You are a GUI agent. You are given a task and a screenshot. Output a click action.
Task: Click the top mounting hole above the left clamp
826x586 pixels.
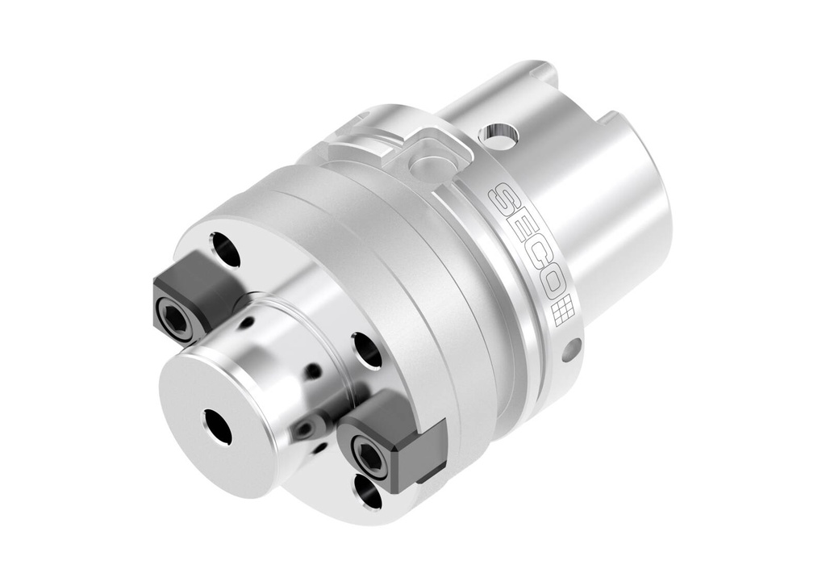pyautogui.click(x=225, y=249)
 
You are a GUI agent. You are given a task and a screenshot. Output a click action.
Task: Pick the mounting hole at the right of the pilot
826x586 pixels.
pyautogui.click(x=369, y=351)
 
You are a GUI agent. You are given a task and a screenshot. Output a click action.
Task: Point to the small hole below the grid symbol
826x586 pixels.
pyautogui.click(x=571, y=350)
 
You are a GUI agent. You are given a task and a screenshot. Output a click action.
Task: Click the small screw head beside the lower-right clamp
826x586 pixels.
pyautogui.click(x=307, y=427)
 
